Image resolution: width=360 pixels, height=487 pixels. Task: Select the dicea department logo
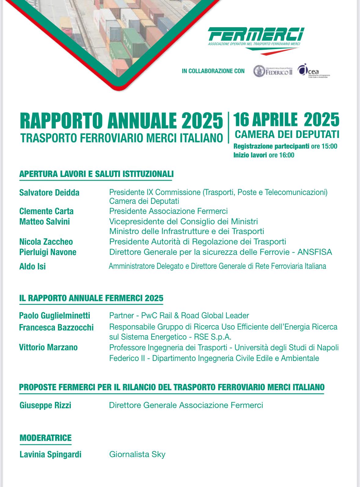click(313, 71)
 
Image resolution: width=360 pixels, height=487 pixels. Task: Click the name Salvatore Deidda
click(49, 193)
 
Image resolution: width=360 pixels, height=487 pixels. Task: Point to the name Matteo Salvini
click(45, 222)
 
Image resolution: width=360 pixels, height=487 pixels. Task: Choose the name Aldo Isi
click(32, 266)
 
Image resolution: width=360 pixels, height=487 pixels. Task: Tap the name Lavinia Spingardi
click(50, 454)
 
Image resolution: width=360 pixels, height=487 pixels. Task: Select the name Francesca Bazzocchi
click(56, 327)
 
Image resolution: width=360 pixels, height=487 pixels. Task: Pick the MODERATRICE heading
click(45, 438)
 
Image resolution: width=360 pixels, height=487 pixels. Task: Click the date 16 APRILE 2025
click(286, 120)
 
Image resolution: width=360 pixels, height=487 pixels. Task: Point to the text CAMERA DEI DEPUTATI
click(287, 134)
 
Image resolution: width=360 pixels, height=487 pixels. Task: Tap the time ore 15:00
click(324, 146)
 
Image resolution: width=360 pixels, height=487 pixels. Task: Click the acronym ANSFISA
click(315, 252)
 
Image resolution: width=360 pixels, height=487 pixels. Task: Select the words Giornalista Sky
click(137, 454)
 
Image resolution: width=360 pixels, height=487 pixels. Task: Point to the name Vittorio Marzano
click(48, 347)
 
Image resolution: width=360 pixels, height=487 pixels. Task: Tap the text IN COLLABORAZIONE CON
click(213, 71)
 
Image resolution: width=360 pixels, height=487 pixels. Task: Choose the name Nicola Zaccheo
click(46, 242)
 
